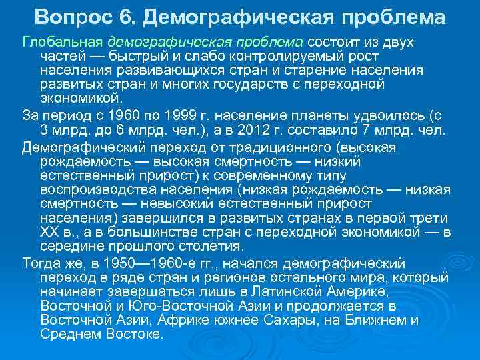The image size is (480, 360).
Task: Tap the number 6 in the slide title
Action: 127,15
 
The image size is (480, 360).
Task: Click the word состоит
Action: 331,43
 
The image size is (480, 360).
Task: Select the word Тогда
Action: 41,262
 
